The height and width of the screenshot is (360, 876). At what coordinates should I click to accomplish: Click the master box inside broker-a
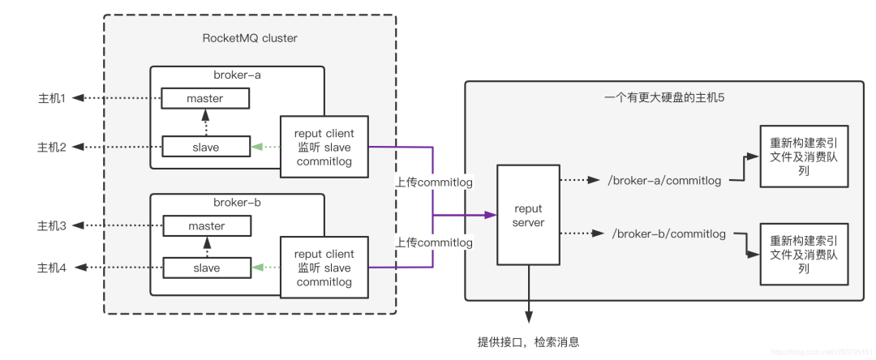(x=204, y=99)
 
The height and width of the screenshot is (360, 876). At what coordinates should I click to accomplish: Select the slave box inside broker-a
(x=204, y=147)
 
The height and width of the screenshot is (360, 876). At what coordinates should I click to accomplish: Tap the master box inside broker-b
(x=206, y=226)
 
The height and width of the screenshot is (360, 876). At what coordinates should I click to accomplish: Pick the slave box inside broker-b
(x=206, y=268)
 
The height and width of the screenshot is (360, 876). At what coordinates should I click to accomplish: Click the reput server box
(x=529, y=215)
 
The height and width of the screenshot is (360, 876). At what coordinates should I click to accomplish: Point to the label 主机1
(x=51, y=98)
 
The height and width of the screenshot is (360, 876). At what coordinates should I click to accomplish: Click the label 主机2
(x=51, y=147)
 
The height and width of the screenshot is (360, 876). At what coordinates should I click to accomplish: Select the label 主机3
(x=51, y=225)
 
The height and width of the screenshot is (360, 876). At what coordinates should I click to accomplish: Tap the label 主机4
(x=51, y=268)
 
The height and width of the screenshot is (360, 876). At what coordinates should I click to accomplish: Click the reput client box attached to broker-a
(x=324, y=147)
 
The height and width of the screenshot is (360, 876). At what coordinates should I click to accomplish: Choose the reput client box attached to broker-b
(x=324, y=268)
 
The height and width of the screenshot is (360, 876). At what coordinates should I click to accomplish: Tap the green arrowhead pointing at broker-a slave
(x=256, y=147)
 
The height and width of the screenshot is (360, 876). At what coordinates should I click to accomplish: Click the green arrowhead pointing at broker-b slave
(x=256, y=268)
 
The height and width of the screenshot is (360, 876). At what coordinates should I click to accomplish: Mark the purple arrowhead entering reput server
(x=490, y=215)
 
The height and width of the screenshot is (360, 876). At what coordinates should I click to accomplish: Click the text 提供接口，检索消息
(x=528, y=342)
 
